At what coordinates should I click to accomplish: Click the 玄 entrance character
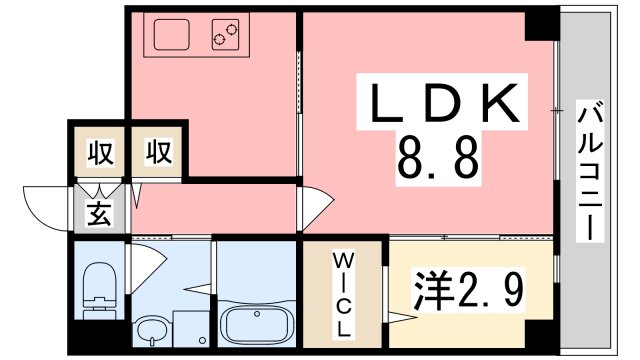(x=99, y=213)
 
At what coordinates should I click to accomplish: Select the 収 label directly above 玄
(x=99, y=153)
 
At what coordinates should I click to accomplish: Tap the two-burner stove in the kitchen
(x=226, y=37)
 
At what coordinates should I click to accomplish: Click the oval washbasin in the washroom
(x=152, y=329)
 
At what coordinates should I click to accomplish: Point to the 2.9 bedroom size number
(x=489, y=290)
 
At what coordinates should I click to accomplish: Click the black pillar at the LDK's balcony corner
(x=542, y=23)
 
